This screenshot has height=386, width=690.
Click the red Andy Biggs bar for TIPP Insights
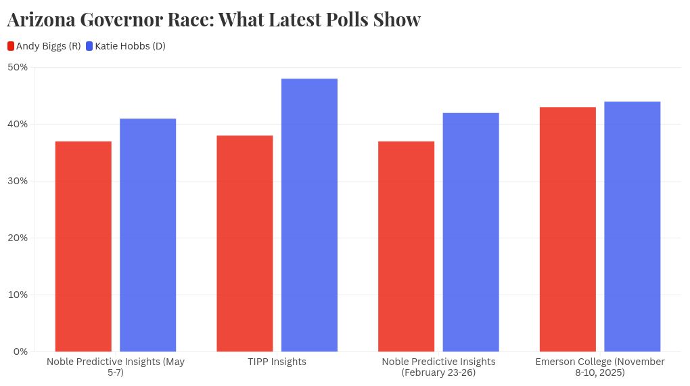coord(245,243)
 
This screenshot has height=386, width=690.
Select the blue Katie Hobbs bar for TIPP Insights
coord(309,215)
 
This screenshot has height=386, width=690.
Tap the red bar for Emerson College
coord(568,229)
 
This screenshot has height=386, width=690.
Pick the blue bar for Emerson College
coord(632,226)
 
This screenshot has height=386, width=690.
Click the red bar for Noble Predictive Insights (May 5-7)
coord(83,246)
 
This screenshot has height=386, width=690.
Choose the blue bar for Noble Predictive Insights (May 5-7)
coord(148,235)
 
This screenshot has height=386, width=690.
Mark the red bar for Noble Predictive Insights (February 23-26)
coord(406,246)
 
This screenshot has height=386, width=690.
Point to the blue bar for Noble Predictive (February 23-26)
coord(471,232)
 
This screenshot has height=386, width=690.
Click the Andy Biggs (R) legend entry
coord(44,46)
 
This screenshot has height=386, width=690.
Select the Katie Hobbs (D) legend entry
coord(125,46)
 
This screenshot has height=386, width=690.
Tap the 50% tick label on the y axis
coord(18,67)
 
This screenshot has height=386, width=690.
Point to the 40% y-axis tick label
coord(18,124)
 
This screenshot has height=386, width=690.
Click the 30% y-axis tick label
coord(18,181)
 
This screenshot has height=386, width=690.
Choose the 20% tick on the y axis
coord(18,238)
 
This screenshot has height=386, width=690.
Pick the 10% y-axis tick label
coord(18,295)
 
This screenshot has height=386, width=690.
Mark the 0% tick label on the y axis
coord(20,351)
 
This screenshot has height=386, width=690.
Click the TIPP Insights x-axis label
coord(277,362)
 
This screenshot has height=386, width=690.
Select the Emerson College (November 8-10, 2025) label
coord(600,367)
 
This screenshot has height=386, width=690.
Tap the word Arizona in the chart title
coord(41,20)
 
